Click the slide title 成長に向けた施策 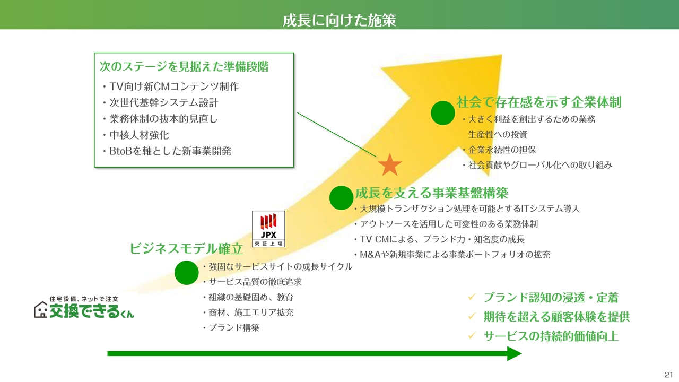339,20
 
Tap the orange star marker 390,165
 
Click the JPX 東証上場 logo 268,229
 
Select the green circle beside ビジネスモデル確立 186,273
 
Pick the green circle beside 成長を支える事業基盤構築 341,198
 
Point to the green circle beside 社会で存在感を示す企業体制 443,113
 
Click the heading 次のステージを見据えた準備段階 184,66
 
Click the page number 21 668,375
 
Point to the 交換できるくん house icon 41,310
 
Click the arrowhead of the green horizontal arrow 515,353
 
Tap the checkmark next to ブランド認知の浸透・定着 472,297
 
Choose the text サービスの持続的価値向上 551,336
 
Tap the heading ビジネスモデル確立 186,249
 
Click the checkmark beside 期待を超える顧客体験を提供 472,316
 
